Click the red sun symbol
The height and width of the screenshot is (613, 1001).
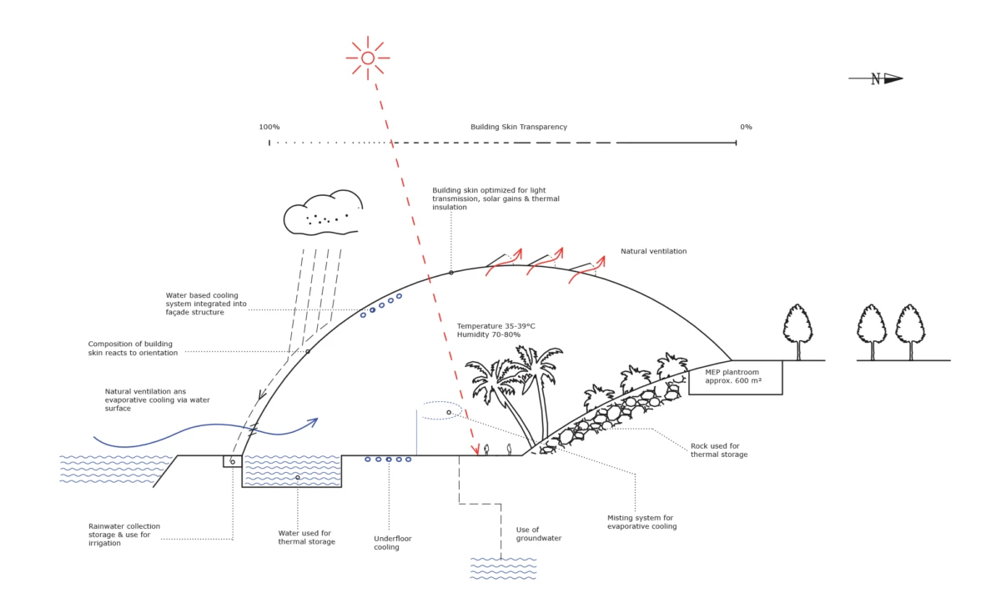[x=368, y=58]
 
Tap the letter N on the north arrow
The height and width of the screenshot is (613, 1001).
[x=875, y=79]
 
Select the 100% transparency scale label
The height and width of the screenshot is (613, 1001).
[x=269, y=127]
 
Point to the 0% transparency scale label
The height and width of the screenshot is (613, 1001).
[x=746, y=127]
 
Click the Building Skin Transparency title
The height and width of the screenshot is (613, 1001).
[x=518, y=127]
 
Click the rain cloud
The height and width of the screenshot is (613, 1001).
[x=323, y=213]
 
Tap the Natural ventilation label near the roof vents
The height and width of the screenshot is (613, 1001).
[x=653, y=251]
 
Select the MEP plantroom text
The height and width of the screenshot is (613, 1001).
[x=733, y=376]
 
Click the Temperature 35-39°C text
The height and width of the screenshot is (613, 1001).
[x=495, y=326]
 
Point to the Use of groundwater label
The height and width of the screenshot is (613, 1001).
[x=539, y=534]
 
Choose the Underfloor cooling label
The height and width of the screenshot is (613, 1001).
[x=392, y=543]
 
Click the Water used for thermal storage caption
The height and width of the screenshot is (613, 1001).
[x=307, y=537]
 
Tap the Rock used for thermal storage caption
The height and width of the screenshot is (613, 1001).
[x=719, y=450]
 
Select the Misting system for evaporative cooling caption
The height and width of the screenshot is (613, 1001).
[x=641, y=522]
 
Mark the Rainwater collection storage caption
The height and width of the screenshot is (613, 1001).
[x=124, y=535]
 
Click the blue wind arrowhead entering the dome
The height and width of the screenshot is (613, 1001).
[x=313, y=422]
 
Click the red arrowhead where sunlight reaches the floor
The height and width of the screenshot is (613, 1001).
[x=475, y=450]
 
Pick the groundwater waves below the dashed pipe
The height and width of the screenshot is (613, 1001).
[x=503, y=568]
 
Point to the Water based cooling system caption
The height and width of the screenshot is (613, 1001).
[x=206, y=304]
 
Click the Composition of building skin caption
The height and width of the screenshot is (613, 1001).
[x=133, y=349]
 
